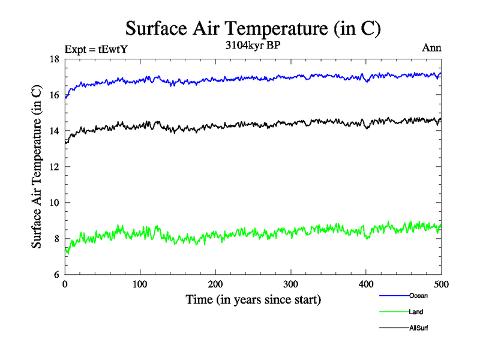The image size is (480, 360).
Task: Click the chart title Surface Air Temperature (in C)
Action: coord(253,29)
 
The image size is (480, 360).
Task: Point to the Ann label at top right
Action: coord(432,49)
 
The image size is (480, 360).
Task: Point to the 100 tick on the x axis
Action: coord(140,284)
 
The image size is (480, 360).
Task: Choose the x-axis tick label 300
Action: coord(290,284)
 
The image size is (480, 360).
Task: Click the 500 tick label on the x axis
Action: coord(441,284)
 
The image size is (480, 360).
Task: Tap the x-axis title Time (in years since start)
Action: coord(253,299)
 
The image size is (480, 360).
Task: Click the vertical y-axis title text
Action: coord(37,167)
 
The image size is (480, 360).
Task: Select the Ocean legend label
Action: coord(418,296)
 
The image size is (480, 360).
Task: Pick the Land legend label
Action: coord(416,312)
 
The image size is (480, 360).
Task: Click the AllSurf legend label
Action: coord(419,328)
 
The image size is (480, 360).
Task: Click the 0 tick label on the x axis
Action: coord(65,284)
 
